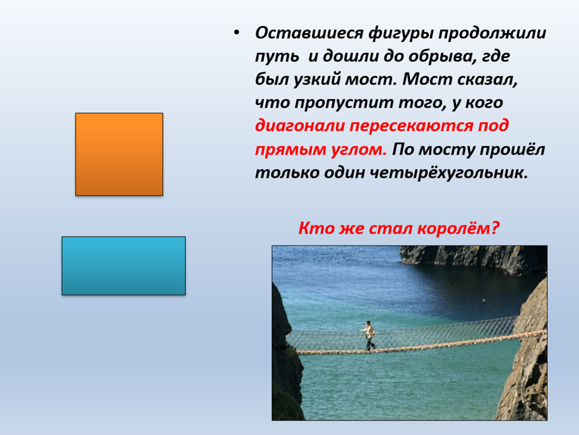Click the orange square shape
click(x=119, y=154)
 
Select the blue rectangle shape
click(x=124, y=265)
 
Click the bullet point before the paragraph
click(x=236, y=33)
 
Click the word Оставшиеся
click(x=309, y=33)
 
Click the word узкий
click(x=317, y=80)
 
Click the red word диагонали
click(x=300, y=126)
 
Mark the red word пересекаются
click(x=411, y=126)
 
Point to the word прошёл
click(x=514, y=150)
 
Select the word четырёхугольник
click(x=449, y=173)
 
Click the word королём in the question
click(x=458, y=229)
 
